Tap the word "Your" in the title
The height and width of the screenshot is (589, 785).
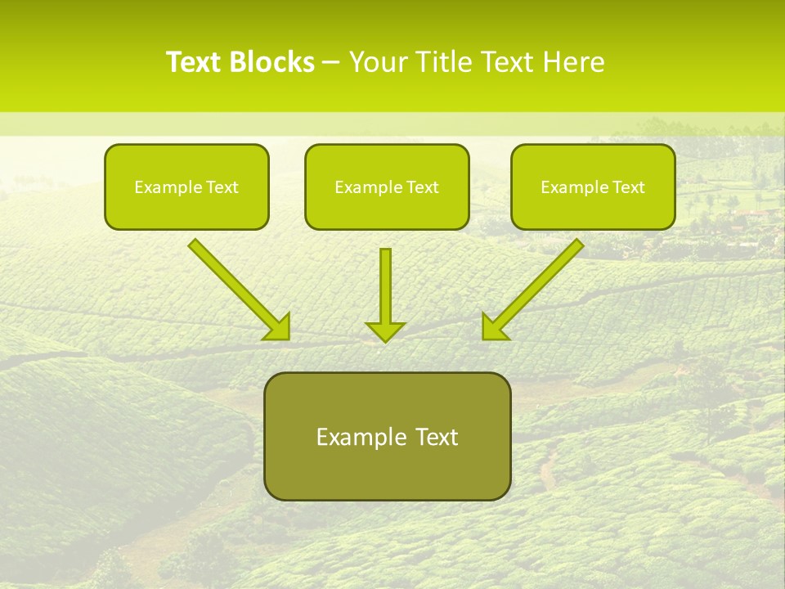click(381, 62)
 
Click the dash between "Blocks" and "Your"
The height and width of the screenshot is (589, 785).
click(331, 63)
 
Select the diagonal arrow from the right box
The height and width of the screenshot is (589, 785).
click(536, 286)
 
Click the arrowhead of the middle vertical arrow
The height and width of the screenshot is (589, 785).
click(385, 330)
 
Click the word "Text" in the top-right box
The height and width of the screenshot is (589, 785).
click(629, 187)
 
